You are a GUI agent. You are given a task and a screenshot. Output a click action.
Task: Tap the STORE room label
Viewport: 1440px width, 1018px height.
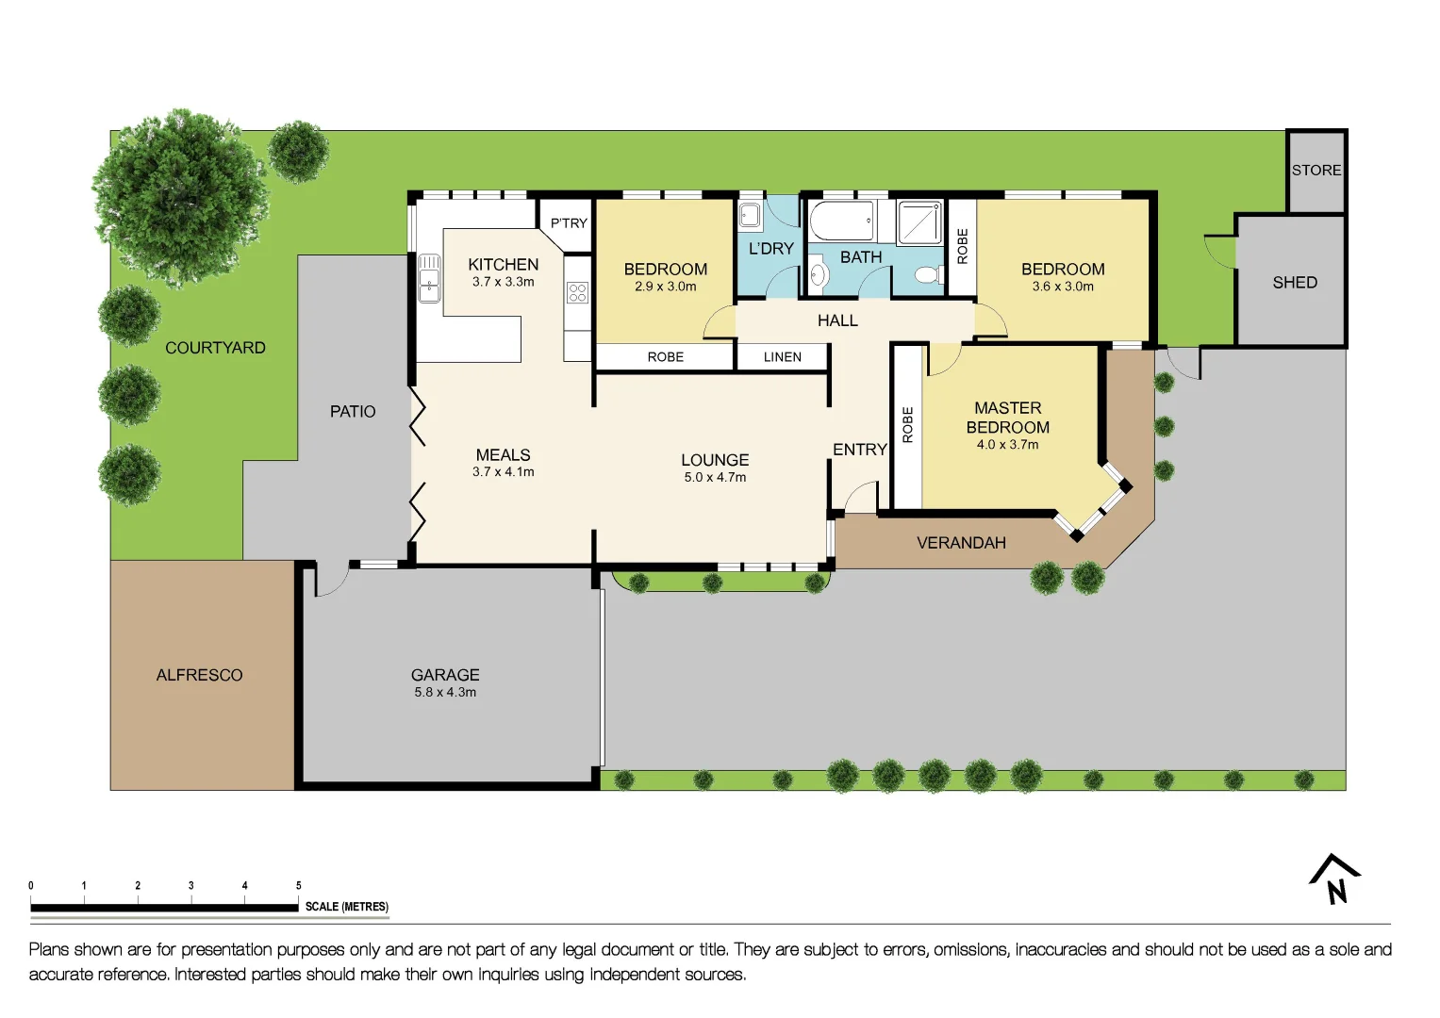pyautogui.click(x=1316, y=171)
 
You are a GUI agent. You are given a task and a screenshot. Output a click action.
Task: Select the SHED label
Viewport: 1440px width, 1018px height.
pyautogui.click(x=1294, y=283)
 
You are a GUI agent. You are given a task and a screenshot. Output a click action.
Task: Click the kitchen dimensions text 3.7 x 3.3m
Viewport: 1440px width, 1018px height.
pyautogui.click(x=503, y=282)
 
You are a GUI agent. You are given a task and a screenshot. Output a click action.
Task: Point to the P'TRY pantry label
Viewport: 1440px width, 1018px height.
pyautogui.click(x=569, y=223)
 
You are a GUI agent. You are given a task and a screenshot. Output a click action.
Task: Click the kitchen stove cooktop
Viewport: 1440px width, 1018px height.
pyautogui.click(x=577, y=292)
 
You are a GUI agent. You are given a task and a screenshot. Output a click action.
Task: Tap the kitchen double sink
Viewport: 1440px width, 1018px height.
pyautogui.click(x=429, y=278)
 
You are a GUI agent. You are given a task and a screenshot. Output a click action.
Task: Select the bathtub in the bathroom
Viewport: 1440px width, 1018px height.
pyautogui.click(x=841, y=221)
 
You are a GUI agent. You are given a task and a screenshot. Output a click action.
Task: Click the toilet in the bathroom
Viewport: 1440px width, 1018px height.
pyautogui.click(x=926, y=275)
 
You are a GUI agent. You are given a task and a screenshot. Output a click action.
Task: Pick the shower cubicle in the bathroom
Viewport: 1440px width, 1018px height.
pyautogui.click(x=919, y=222)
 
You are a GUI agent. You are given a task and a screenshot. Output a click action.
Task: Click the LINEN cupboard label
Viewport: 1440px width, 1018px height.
pyautogui.click(x=782, y=357)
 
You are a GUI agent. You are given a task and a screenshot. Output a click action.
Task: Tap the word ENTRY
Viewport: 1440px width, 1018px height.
pyautogui.click(x=859, y=450)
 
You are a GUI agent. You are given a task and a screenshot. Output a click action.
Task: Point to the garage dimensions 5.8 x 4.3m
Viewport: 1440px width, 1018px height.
pyautogui.click(x=445, y=692)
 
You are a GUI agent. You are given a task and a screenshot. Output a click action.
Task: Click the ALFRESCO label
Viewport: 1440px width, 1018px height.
pyautogui.click(x=199, y=675)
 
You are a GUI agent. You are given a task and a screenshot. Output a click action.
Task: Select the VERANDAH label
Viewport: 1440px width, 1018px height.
pyautogui.click(x=961, y=543)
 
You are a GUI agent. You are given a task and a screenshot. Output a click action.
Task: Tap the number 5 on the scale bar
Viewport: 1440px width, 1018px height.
pyautogui.click(x=299, y=886)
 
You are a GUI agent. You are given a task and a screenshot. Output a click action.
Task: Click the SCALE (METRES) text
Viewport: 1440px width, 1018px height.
pyautogui.click(x=346, y=907)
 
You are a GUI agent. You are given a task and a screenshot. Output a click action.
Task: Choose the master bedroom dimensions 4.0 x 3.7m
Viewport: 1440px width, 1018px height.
pyautogui.click(x=1007, y=445)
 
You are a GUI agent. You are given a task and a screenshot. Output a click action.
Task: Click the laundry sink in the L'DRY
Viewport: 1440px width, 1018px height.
pyautogui.click(x=750, y=215)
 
